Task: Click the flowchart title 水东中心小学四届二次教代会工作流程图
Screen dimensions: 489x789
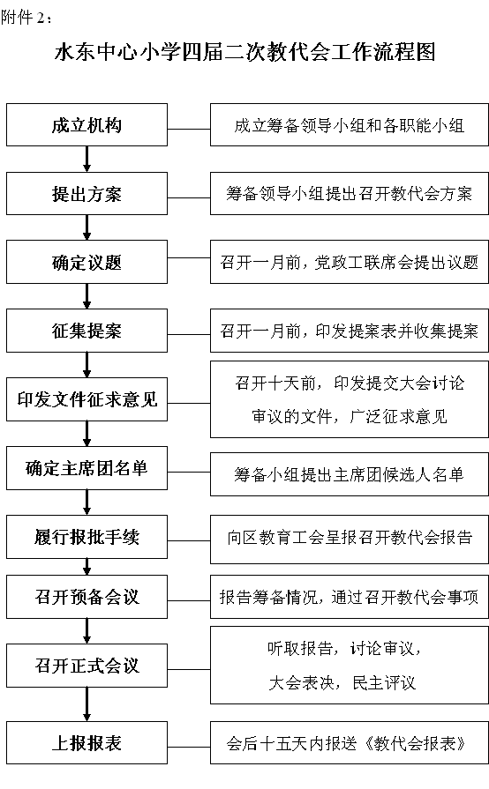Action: (x=244, y=52)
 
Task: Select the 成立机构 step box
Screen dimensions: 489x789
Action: (x=87, y=125)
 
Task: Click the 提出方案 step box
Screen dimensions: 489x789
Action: (x=87, y=194)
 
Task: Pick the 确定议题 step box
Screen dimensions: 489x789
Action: (x=87, y=262)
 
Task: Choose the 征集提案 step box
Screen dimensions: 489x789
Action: (x=87, y=330)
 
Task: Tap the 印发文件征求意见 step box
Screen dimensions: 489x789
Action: (x=87, y=399)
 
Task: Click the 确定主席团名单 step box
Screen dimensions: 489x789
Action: (x=87, y=468)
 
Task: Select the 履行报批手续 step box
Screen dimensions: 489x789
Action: (x=87, y=537)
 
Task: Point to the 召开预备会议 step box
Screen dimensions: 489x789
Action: (x=87, y=597)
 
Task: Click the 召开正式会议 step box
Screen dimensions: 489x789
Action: (x=87, y=666)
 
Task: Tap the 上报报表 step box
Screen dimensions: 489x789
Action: (x=87, y=743)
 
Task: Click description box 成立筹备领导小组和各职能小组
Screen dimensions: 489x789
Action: (x=350, y=125)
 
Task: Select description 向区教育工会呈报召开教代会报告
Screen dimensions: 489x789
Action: (x=350, y=537)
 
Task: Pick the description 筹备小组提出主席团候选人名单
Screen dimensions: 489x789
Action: (x=350, y=474)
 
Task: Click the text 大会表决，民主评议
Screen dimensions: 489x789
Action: (x=342, y=683)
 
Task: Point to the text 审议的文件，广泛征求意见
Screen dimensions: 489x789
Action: (x=350, y=416)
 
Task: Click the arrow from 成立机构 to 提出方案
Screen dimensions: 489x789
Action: (x=87, y=159)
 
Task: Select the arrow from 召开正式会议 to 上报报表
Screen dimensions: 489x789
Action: (x=87, y=704)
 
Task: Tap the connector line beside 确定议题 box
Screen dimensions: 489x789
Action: (x=189, y=258)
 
